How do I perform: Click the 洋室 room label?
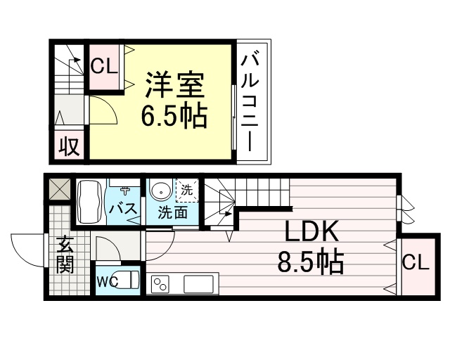174,85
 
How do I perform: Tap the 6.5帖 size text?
174,116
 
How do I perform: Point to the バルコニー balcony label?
250,101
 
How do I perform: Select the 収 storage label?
69,147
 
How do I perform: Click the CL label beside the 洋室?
104,67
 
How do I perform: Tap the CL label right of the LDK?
416,263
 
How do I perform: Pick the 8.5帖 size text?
311,262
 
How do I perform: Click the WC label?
107,283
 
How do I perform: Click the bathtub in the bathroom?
90,201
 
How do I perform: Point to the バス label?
124,208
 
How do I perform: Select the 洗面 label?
173,213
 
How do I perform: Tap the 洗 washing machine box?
187,190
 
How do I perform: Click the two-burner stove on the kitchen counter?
160,284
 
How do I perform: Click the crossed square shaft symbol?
59,189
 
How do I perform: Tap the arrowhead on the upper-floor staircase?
77,60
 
